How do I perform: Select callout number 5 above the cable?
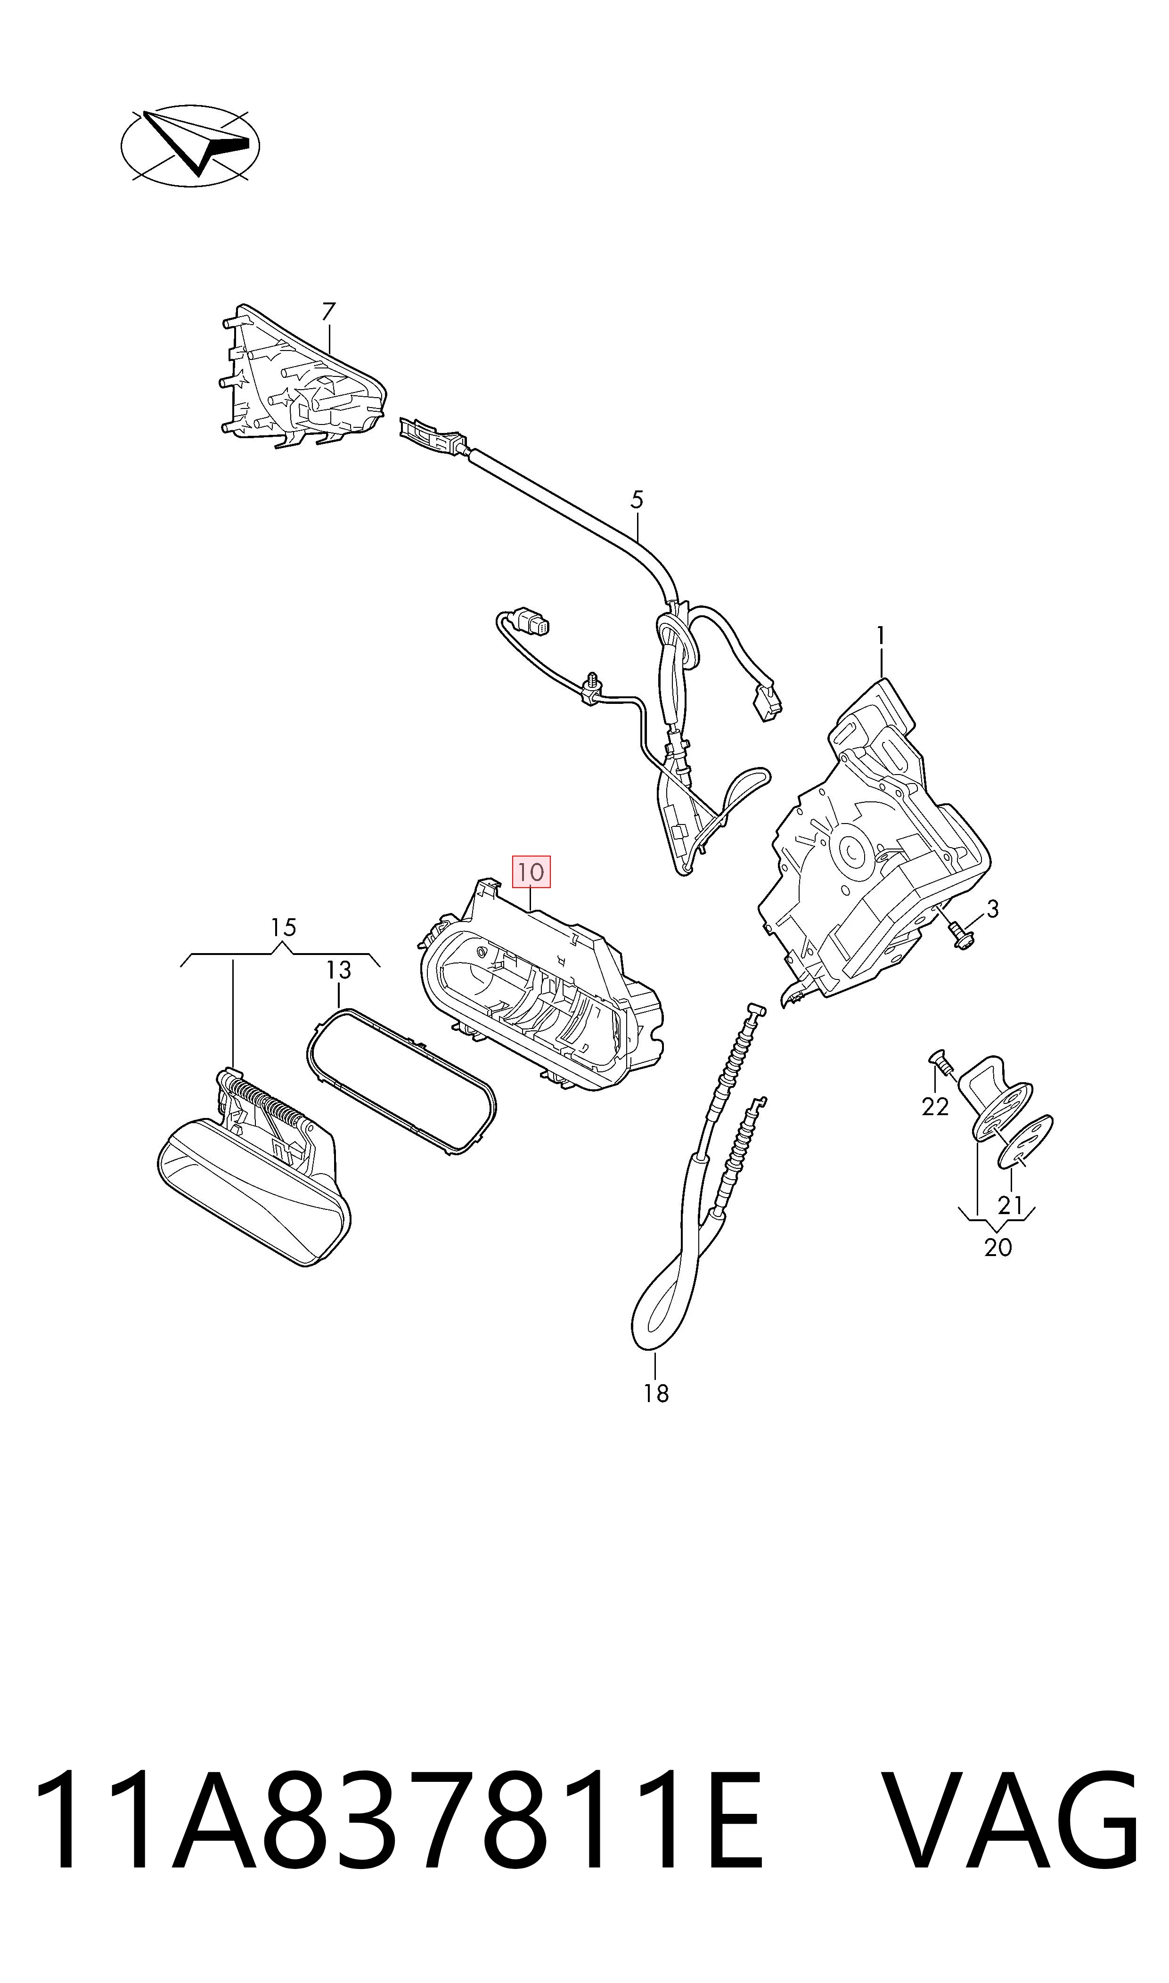click(x=638, y=499)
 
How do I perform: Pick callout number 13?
click(x=339, y=970)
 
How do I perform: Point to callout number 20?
click(x=998, y=1248)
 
